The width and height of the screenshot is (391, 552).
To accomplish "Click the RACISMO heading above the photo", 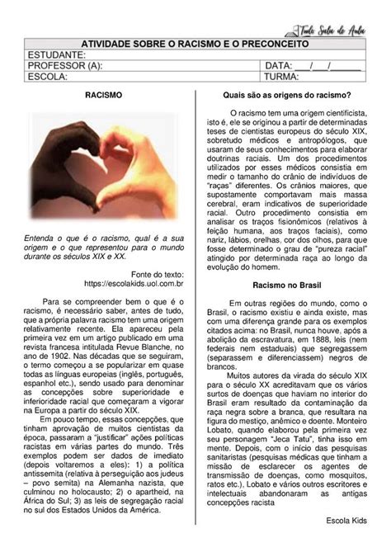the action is point(104,97).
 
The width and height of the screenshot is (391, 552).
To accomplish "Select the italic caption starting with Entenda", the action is point(104,246).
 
